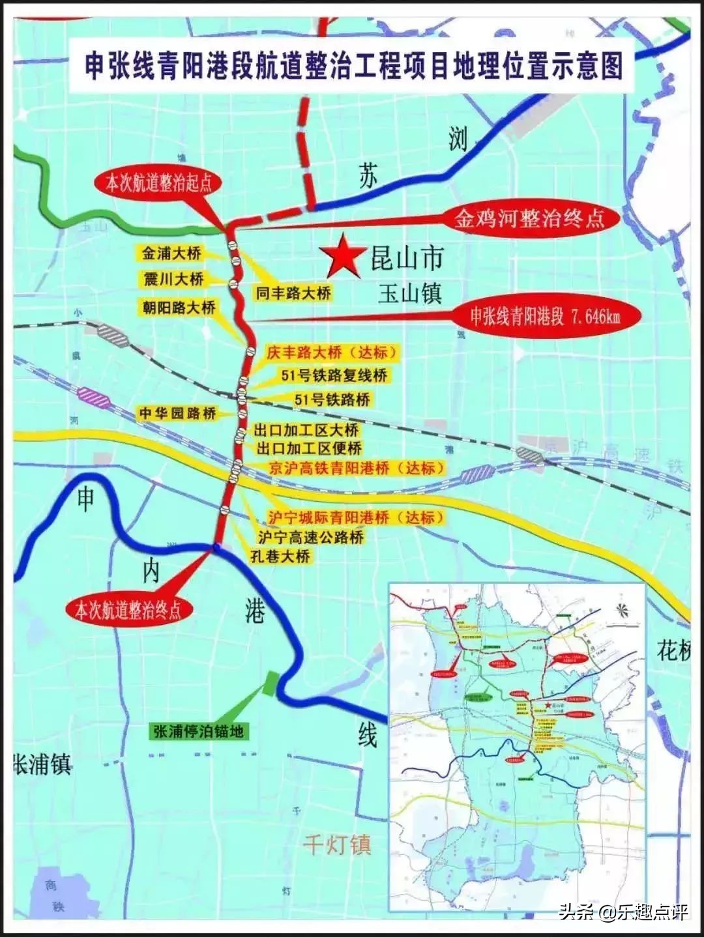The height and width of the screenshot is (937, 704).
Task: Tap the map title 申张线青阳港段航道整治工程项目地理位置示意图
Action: click(354, 65)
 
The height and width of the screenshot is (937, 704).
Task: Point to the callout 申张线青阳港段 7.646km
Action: click(546, 317)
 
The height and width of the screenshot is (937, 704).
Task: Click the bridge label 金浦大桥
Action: click(172, 253)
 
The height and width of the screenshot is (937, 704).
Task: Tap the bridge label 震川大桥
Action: click(173, 280)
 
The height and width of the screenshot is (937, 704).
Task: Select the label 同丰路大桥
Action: click(293, 293)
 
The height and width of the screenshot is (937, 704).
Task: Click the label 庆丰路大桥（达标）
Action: click(332, 353)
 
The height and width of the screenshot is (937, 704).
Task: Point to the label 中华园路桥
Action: click(177, 413)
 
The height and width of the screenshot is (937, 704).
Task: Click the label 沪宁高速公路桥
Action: click(310, 538)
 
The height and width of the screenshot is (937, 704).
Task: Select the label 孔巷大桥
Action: click(280, 556)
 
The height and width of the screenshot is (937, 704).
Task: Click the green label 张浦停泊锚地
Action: click(198, 731)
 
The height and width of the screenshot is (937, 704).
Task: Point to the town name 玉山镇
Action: click(409, 294)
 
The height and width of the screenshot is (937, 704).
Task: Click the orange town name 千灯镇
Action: click(336, 845)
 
